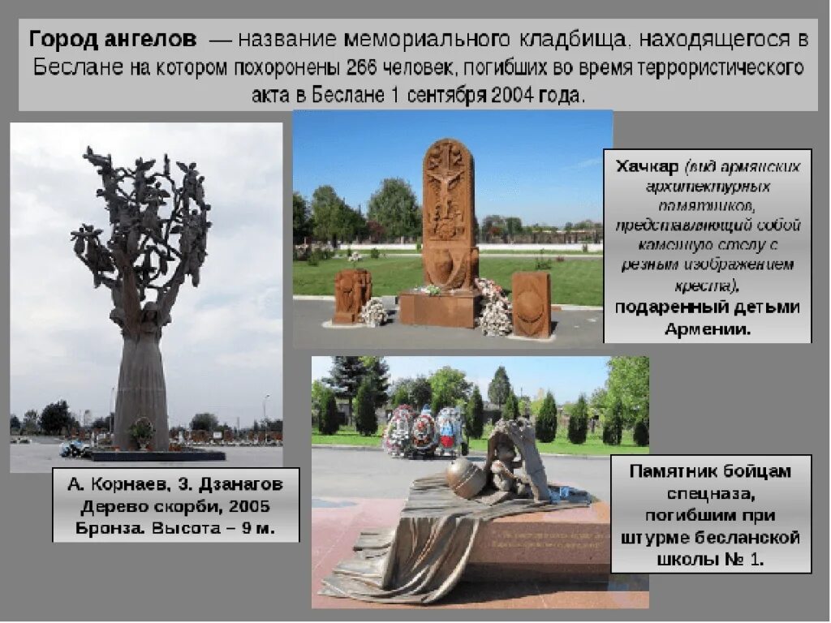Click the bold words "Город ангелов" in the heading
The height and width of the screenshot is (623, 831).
(113, 39)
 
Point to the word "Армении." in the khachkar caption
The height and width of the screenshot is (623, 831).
(707, 329)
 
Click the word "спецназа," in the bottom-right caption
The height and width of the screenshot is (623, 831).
(711, 492)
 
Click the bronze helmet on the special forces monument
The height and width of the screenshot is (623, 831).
(467, 477)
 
